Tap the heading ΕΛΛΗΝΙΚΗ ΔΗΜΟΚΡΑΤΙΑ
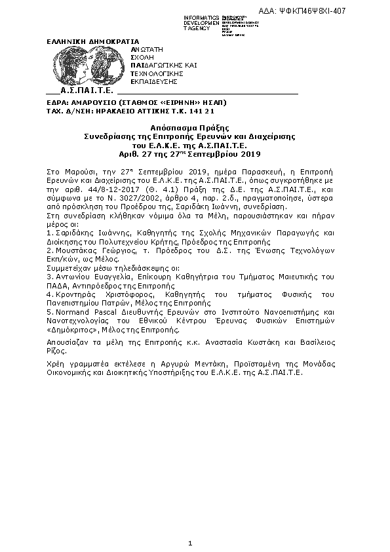tap(79, 41)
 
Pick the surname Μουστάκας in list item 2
tap(77, 251)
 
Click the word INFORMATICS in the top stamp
tap(201, 18)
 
